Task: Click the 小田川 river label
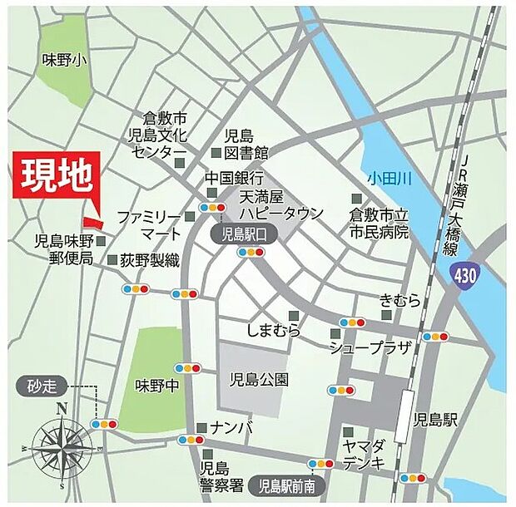point(392,177)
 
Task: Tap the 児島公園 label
point(259,379)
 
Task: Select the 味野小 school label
point(64,60)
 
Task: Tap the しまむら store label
point(274,330)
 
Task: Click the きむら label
point(400,301)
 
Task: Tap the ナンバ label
point(226,427)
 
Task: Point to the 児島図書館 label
point(246,144)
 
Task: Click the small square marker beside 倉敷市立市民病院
point(358,199)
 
